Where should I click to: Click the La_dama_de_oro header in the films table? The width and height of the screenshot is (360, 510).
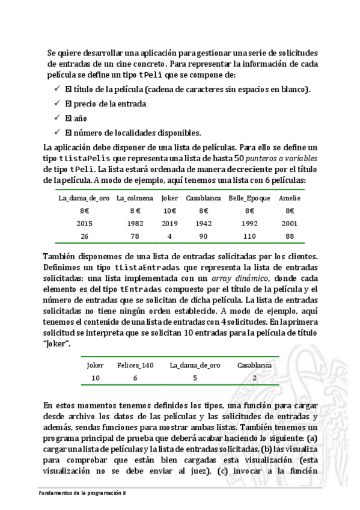coord(84,198)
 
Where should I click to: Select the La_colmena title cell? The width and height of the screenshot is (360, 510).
coord(135,198)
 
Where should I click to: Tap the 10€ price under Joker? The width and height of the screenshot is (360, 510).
coord(170,210)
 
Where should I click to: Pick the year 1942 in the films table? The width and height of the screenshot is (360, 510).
coord(204,223)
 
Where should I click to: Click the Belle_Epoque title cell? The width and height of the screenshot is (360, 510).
coord(249,198)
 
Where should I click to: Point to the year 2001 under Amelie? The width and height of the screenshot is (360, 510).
coord(290,223)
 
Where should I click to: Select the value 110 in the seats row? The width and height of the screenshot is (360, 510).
coord(249,236)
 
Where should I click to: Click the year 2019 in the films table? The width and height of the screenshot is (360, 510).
coord(170,223)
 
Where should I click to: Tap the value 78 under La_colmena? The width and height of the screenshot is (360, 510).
coord(135,236)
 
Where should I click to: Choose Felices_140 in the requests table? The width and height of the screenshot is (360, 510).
coord(135,365)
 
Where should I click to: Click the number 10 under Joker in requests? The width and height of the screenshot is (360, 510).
coord(95,378)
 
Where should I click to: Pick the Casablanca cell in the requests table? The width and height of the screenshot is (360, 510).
coord(255,365)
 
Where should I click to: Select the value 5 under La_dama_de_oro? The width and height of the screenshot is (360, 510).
coord(195,378)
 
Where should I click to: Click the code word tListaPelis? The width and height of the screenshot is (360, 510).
coord(86,158)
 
